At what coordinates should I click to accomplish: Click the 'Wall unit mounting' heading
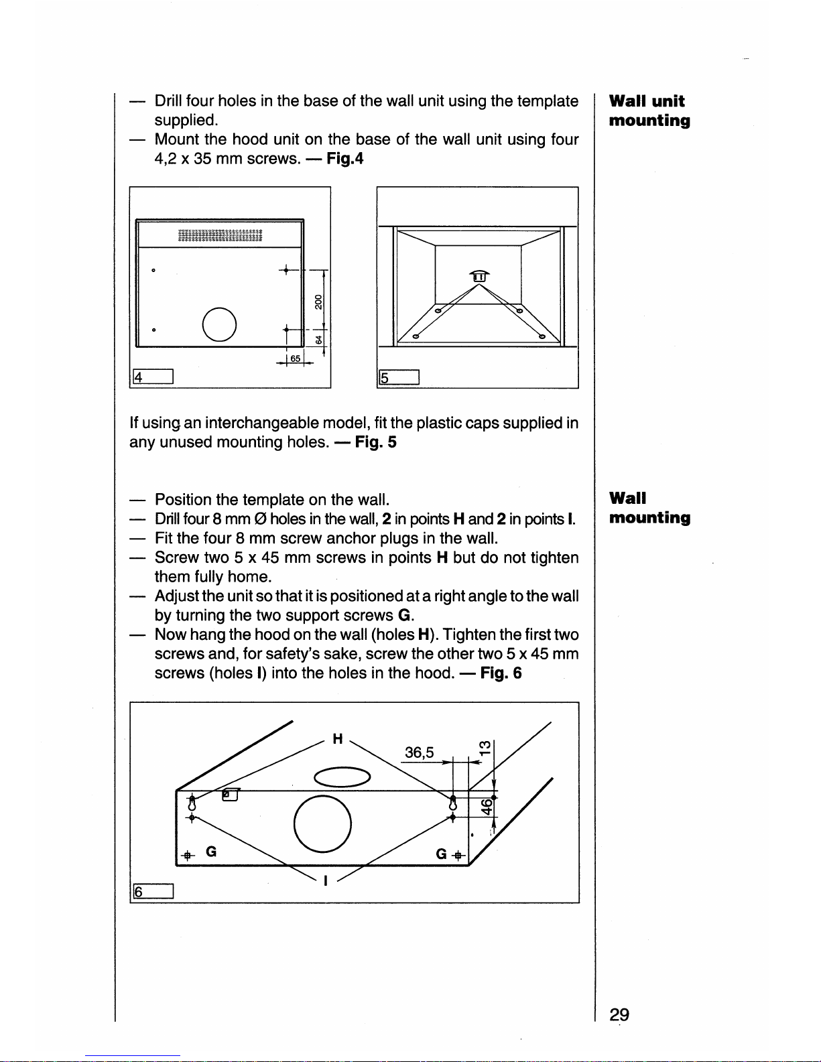[x=649, y=111]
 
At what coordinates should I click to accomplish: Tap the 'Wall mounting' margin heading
[x=649, y=508]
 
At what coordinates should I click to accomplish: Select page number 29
[x=619, y=1014]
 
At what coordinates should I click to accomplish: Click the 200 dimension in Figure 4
[x=318, y=302]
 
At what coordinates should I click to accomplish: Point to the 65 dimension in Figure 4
[x=295, y=358]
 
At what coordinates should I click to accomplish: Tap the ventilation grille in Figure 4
[x=220, y=236]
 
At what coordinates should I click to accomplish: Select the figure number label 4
[x=153, y=377]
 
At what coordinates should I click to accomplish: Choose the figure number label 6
[x=153, y=891]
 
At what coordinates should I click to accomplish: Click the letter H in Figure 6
[x=337, y=738]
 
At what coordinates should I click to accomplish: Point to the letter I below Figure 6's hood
[x=326, y=880]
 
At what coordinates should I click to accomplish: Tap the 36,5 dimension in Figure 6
[x=419, y=752]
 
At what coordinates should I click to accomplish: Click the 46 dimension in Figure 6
[x=487, y=807]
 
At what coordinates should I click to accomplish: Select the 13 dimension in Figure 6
[x=485, y=748]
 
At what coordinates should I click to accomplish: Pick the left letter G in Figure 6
[x=211, y=852]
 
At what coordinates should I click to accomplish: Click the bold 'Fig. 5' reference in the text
[x=376, y=442]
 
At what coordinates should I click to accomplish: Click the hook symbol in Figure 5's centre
[x=479, y=276]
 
